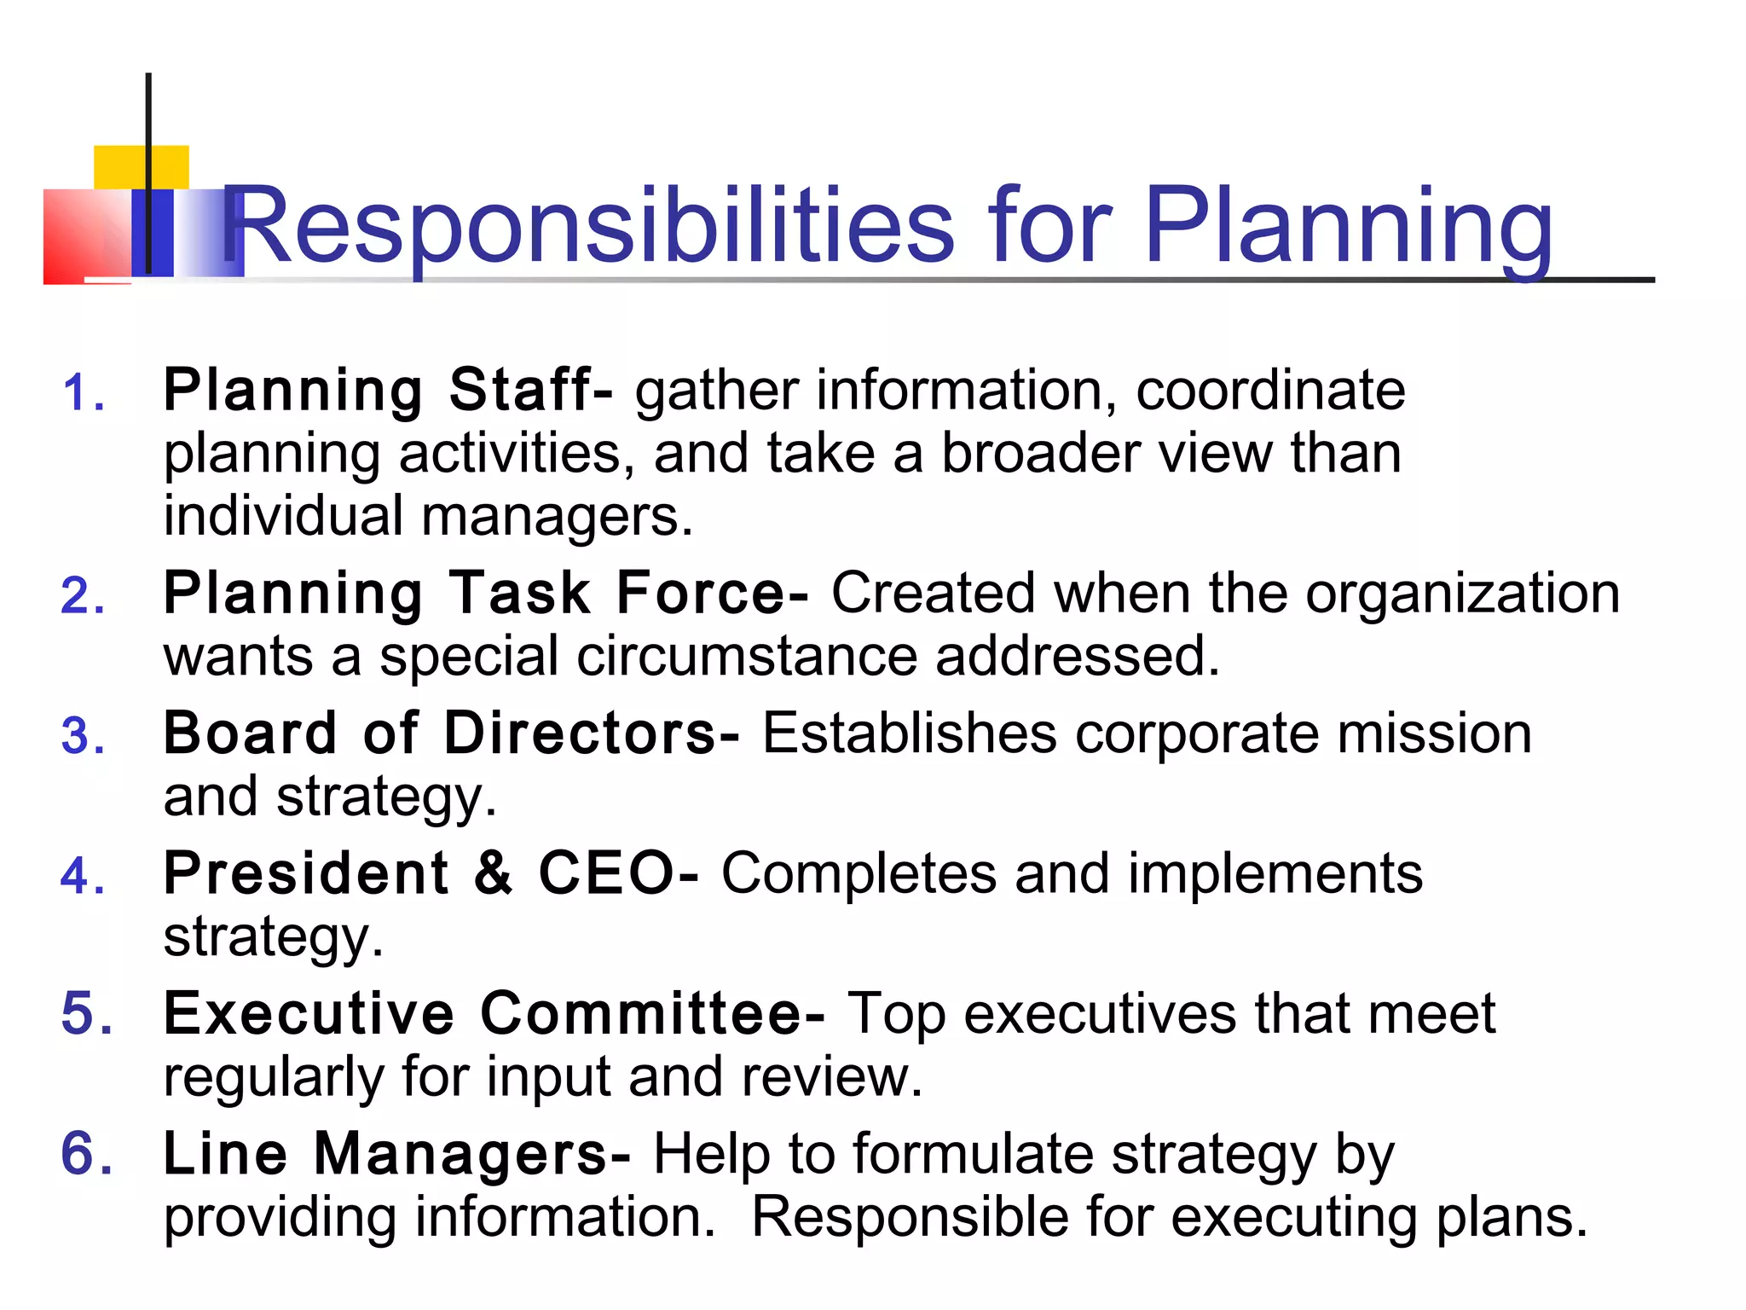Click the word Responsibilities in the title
pyautogui.click(x=588, y=226)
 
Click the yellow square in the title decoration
pyautogui.click(x=142, y=167)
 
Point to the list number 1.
pyautogui.click(x=83, y=394)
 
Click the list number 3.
pyautogui.click(x=83, y=735)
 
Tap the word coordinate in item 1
pyautogui.click(x=1270, y=390)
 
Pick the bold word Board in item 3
pyautogui.click(x=251, y=733)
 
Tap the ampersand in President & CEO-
pyautogui.click(x=494, y=873)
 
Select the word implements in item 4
pyautogui.click(x=1275, y=873)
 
